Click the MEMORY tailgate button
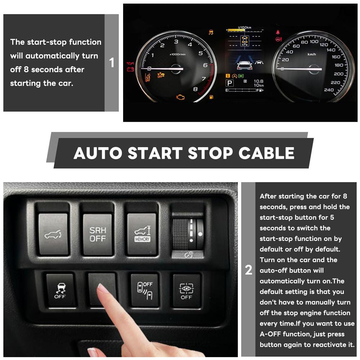pos(141,234)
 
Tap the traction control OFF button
pos(60,290)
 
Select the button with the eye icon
pos(186,290)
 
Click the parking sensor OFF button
pos(145,290)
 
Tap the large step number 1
pos(112,63)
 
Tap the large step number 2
pos(248,270)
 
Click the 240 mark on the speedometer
pos(329,90)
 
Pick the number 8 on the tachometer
pos(195,89)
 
